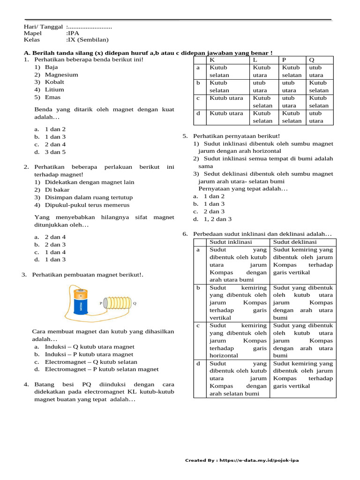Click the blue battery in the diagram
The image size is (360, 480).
click(x=82, y=304)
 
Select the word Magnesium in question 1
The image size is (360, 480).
click(x=61, y=75)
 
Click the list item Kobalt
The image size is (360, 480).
click(x=54, y=82)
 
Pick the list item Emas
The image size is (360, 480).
click(x=52, y=97)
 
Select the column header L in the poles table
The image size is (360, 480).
click(x=255, y=60)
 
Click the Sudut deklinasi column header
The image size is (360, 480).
click(x=295, y=242)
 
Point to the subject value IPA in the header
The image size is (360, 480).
click(x=73, y=33)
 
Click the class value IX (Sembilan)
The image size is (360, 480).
click(x=88, y=40)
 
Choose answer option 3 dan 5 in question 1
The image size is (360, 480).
click(x=55, y=152)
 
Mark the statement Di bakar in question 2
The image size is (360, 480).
click(x=57, y=190)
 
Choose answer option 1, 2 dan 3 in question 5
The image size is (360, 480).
click(x=217, y=219)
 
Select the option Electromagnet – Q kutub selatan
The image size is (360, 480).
click(x=91, y=362)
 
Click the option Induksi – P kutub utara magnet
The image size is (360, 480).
click(x=89, y=354)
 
